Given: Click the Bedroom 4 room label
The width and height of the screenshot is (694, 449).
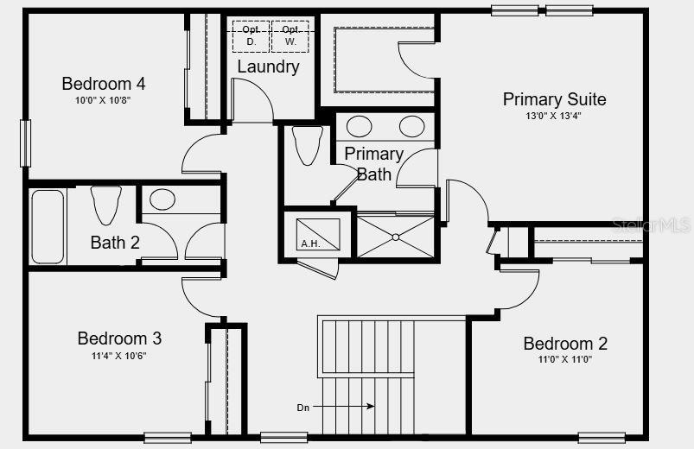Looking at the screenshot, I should [103, 84].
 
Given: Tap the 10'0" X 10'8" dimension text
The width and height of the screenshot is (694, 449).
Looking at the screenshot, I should [103, 100].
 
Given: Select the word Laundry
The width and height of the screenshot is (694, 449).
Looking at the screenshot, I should [268, 66].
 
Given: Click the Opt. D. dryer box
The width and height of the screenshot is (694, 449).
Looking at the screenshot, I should [250, 35].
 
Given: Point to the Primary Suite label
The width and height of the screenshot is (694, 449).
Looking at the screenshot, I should [554, 99].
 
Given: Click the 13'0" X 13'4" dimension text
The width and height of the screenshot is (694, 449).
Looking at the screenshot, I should [554, 116].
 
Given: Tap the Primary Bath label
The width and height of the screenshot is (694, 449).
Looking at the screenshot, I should [373, 163].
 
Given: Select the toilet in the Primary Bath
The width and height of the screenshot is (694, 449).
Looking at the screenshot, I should [307, 144].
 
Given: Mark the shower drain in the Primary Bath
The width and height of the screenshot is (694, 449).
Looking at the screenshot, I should [395, 236].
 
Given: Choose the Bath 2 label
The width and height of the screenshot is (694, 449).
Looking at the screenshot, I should [115, 243].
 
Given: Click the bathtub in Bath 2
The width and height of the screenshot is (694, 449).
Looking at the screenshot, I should [48, 226].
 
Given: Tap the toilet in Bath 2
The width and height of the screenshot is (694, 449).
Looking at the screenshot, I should [106, 205].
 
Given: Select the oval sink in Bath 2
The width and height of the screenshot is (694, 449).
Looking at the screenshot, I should [162, 199].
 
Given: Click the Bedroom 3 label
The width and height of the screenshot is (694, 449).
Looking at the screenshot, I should [119, 338].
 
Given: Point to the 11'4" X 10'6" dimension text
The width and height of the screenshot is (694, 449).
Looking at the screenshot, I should [119, 355].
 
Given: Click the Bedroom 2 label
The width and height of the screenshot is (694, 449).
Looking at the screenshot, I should [565, 344].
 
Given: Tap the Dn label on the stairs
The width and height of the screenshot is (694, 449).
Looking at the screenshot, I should [302, 406].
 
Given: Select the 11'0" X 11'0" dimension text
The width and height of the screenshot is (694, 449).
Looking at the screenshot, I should [565, 359].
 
